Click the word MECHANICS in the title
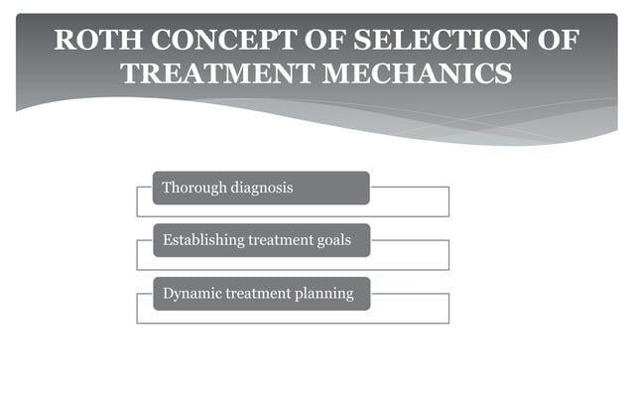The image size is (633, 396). pos(409,74)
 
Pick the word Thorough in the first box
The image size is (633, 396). pos(193,187)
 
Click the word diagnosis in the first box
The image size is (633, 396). pos(261,187)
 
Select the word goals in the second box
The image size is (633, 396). pos(331,240)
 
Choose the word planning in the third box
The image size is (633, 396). pos(321,294)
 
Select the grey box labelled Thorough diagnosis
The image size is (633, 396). pos(260,188)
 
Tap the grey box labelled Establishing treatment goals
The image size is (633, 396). pos(260,240)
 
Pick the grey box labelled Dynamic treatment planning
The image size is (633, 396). pos(260,294)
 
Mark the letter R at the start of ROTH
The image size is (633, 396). pos(63,41)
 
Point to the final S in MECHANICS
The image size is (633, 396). pos(503,74)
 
